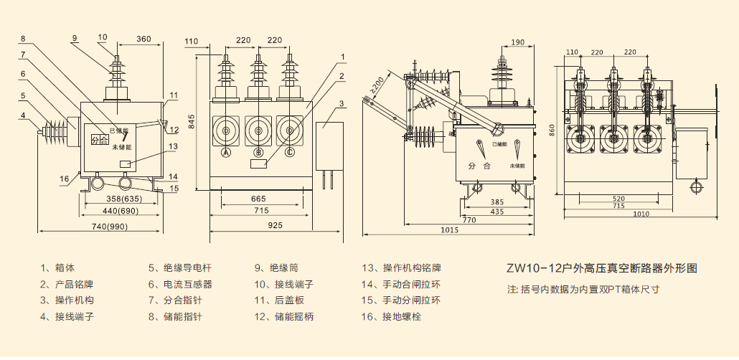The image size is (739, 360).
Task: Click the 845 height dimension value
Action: tap(192, 123)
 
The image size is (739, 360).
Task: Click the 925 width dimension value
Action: tap(275, 226)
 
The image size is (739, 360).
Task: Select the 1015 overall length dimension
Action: tap(449, 229)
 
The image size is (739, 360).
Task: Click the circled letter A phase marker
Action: tap(226, 153)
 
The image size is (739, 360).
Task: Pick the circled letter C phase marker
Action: tap(290, 153)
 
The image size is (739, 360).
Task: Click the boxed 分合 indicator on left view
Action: tap(99, 140)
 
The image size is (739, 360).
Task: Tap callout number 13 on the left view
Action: tap(172, 147)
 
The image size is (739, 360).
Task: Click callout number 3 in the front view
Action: tap(342, 103)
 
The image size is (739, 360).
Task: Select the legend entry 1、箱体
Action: tap(58, 268)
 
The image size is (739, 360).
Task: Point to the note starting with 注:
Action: tap(583, 290)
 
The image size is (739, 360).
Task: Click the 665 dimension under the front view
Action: tap(259, 198)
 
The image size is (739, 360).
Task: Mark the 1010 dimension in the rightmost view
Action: tap(641, 213)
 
